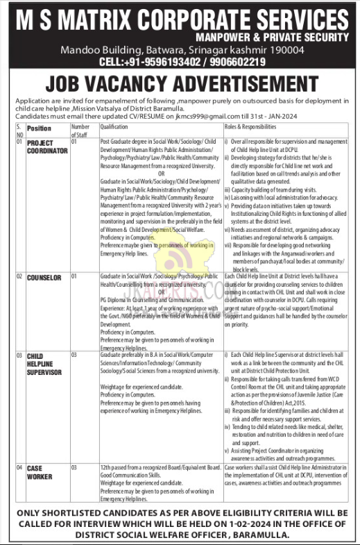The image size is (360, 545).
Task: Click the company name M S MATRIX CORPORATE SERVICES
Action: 180,18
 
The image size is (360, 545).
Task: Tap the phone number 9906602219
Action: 237,62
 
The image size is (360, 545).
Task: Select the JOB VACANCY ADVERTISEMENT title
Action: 180,85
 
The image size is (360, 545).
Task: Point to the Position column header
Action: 39,128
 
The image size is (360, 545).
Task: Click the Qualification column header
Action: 114,127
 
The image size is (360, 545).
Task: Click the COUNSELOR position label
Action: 44,277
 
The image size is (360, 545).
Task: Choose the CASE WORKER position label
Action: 40,473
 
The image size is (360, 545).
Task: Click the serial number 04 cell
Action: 19,469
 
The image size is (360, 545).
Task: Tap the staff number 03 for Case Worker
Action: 75,469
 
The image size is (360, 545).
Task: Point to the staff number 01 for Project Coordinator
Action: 74,142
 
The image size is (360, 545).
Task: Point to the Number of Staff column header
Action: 80,130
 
